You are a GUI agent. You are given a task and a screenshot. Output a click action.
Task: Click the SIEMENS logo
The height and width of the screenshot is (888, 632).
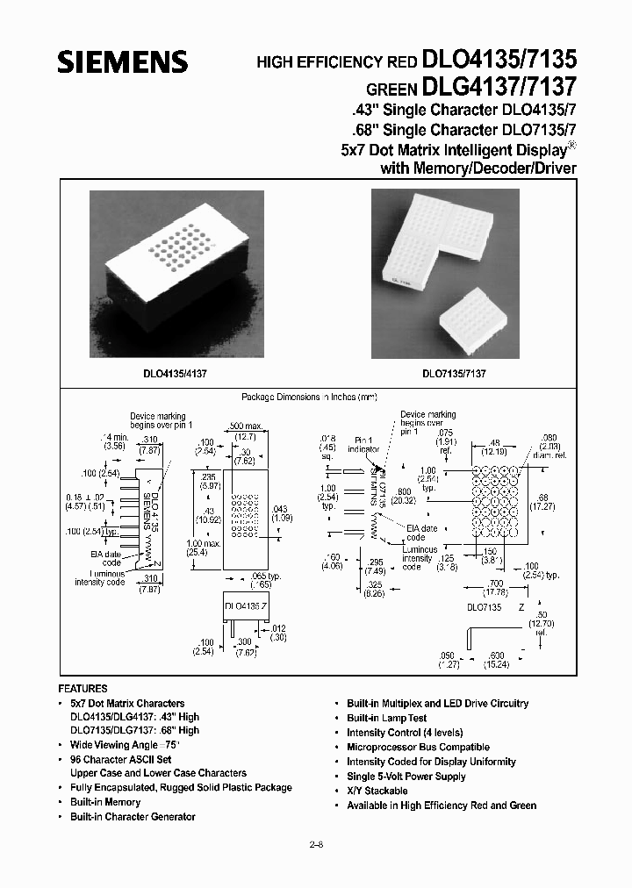[123, 61]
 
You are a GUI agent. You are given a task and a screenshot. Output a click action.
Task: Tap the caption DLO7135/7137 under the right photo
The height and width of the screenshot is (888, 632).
[454, 372]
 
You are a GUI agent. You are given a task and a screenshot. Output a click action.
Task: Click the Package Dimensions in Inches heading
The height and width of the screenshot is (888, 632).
[309, 397]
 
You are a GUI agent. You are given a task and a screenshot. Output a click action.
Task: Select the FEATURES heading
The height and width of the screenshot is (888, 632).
[83, 689]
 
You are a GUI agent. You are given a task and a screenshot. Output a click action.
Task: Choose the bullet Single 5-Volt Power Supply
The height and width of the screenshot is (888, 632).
[406, 777]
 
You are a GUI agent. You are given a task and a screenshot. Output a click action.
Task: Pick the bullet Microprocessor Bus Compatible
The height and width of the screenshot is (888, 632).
[406, 747]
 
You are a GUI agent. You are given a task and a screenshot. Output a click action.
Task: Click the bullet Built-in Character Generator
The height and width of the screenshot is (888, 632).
[133, 817]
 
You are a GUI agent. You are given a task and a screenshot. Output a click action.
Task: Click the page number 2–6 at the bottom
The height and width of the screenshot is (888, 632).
[316, 845]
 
